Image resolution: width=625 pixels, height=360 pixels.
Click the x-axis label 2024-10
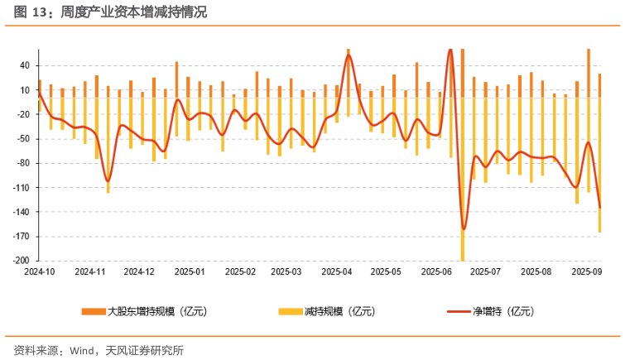tap(39, 271)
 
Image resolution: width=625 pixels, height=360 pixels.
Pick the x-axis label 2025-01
tap(190, 271)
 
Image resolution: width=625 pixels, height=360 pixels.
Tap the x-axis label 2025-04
tap(337, 271)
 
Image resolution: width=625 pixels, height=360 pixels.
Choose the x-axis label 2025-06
tap(435, 271)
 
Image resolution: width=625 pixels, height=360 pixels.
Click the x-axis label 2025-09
tap(586, 271)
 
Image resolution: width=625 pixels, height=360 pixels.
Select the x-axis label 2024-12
tap(139, 271)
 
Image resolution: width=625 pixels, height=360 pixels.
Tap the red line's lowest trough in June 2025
tap(464, 228)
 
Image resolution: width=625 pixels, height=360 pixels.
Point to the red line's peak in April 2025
tap(349, 55)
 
